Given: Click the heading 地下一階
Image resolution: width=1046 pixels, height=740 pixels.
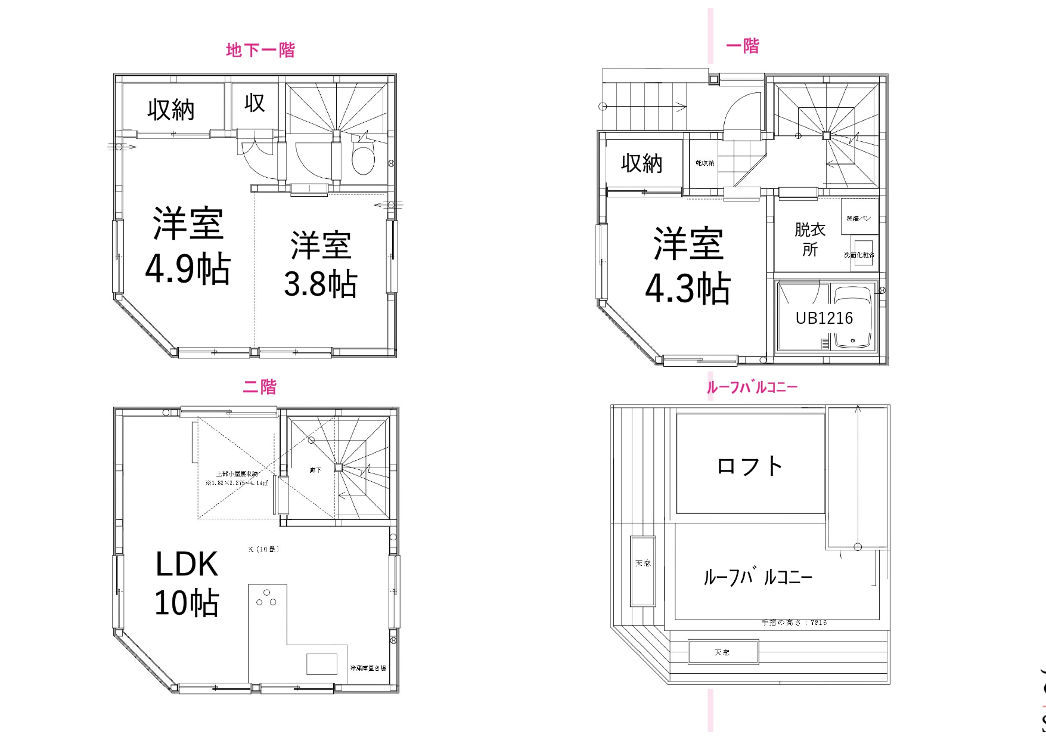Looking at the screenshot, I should [260, 50].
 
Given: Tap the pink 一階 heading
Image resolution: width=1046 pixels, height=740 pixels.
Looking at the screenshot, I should [743, 46].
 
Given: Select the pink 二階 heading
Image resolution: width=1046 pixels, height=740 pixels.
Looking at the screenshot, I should [260, 387].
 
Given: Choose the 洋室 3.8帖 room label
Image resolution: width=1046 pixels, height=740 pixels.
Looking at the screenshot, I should [321, 264].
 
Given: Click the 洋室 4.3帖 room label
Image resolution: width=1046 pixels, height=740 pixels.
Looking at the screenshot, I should [688, 266].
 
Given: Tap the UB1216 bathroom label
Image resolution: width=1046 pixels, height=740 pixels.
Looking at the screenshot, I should [824, 318].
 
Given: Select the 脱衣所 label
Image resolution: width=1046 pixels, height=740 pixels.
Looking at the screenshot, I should [809, 239].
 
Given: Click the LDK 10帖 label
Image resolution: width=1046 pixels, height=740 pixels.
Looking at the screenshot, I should [187, 583].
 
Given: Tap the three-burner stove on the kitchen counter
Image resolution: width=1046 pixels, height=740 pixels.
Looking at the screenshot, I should [266, 598].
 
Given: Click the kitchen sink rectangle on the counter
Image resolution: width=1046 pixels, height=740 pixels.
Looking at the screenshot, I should [322, 664].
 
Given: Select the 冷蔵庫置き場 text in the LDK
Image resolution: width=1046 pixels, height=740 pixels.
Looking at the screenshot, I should [368, 668].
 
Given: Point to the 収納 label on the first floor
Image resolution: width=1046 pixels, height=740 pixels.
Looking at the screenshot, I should [641, 163].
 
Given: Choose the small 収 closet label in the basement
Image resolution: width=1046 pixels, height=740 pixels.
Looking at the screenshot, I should [254, 103].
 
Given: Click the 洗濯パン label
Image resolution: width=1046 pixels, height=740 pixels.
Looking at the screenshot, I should [858, 219].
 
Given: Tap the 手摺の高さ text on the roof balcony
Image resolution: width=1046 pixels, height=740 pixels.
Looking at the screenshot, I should [794, 623].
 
